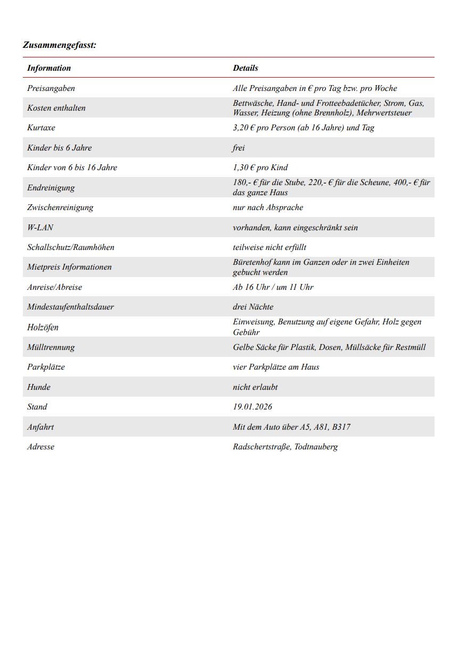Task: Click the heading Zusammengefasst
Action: click(60, 45)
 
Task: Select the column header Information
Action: click(49, 68)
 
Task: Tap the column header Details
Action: click(246, 68)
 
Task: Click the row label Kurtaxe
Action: click(41, 128)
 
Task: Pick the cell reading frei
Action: click(239, 148)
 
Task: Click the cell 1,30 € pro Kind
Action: click(260, 168)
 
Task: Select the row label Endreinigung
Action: click(51, 188)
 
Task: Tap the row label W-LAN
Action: click(40, 228)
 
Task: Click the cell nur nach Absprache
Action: click(268, 207)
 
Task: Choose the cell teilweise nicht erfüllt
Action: click(269, 247)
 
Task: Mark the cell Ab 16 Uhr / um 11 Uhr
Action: click(273, 287)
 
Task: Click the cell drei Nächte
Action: click(253, 307)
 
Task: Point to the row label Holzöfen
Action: click(43, 328)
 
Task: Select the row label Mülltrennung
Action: click(51, 347)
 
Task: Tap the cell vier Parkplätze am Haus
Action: click(276, 367)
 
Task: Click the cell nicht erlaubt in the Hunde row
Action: click(255, 387)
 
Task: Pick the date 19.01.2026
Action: click(252, 407)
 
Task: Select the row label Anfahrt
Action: click(40, 427)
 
